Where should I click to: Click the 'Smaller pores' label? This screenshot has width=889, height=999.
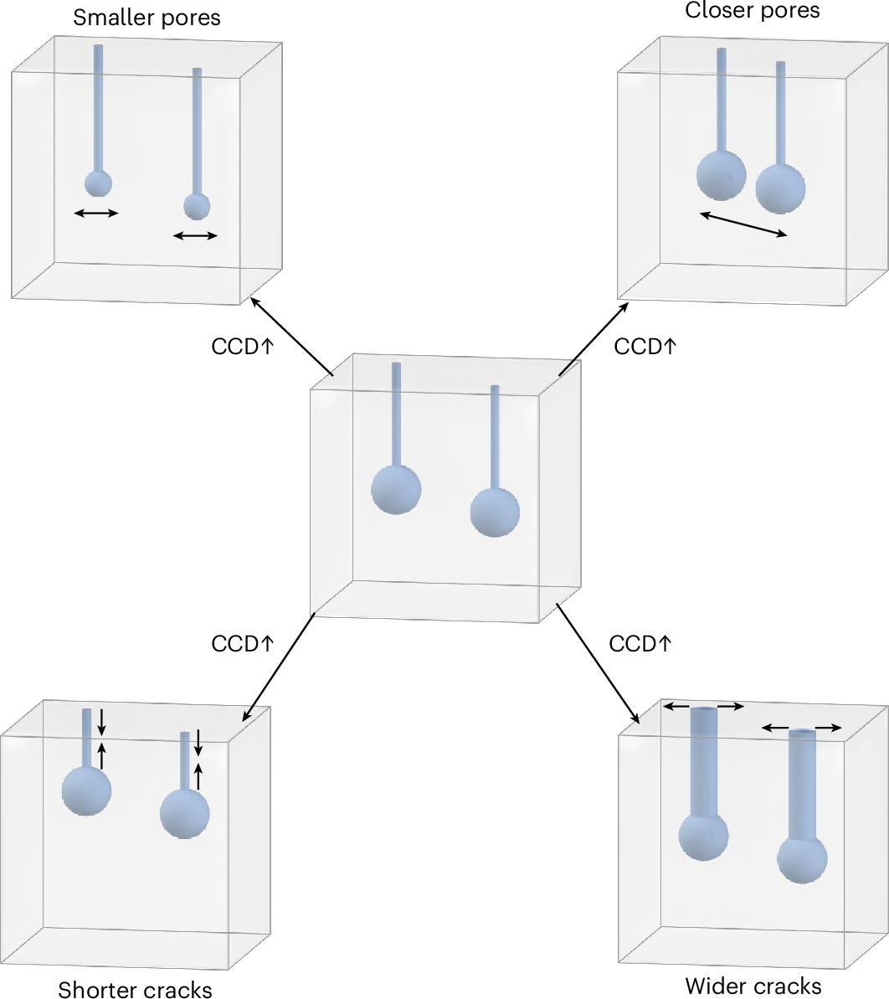(x=146, y=18)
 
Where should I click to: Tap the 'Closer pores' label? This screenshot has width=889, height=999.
(x=753, y=10)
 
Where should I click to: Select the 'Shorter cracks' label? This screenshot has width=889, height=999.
(x=135, y=990)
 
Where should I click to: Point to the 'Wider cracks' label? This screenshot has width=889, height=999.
(x=753, y=986)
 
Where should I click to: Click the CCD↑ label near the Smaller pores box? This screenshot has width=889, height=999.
(x=243, y=346)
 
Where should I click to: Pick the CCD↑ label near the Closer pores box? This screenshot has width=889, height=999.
(x=645, y=346)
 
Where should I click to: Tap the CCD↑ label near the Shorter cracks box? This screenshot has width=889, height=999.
(x=243, y=643)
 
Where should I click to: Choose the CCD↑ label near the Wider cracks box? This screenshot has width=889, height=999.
(x=640, y=643)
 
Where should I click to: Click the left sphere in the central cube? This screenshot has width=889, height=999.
(x=396, y=489)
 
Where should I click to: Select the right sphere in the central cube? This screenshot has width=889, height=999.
(x=495, y=512)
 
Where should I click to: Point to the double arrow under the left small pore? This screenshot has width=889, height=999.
(x=96, y=214)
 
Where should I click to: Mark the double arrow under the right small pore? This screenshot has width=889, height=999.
(x=195, y=236)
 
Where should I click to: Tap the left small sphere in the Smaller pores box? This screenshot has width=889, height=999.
(x=98, y=183)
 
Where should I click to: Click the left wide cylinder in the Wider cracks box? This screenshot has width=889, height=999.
(x=703, y=762)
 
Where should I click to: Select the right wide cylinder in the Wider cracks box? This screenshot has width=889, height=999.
(x=802, y=784)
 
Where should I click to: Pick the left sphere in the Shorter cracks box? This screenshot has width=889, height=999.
(x=86, y=790)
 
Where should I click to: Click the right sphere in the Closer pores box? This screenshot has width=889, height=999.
(x=780, y=188)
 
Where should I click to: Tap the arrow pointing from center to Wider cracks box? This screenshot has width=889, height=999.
(x=598, y=662)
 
